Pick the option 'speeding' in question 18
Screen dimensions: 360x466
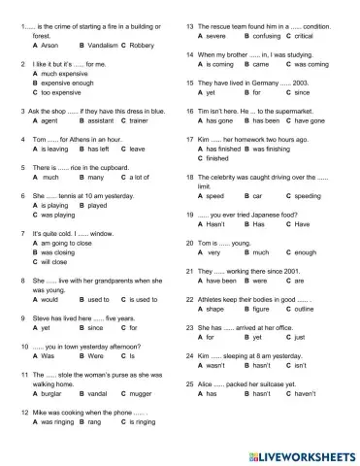tap(310, 196)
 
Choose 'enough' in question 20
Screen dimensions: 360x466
tap(307, 252)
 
